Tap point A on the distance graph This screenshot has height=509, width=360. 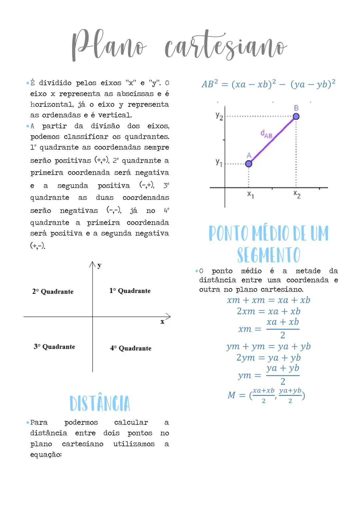[x=248, y=164]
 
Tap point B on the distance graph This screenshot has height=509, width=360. [x=296, y=116]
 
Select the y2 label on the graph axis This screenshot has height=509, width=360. [x=219, y=116]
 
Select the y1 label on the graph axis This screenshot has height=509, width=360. [x=219, y=162]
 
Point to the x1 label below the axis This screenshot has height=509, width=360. [x=250, y=194]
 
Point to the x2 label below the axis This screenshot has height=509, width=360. [x=297, y=194]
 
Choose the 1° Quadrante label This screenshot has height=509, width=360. [x=130, y=291]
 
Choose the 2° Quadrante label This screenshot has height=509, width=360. [x=53, y=291]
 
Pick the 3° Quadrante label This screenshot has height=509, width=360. [x=54, y=347]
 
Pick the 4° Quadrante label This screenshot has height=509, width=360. [x=131, y=348]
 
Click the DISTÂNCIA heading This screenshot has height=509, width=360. [x=100, y=403]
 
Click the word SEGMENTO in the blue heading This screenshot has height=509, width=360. [x=269, y=255]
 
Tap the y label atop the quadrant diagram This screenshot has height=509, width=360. [x=99, y=265]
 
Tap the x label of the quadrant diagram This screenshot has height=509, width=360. [x=162, y=322]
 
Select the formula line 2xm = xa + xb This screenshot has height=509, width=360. [x=268, y=311]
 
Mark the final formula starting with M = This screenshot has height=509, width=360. [x=266, y=395]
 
